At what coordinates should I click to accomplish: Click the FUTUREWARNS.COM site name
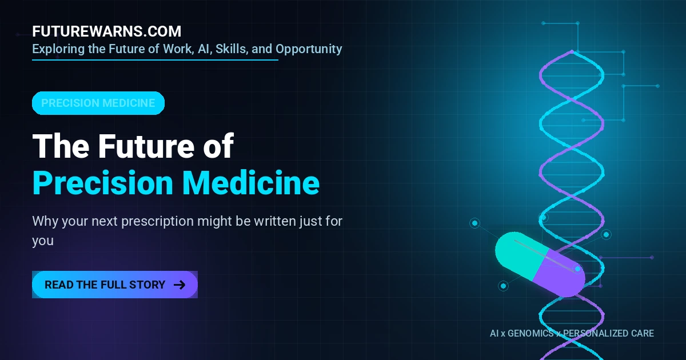coord(106,31)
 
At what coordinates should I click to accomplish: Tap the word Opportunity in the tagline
coord(309,49)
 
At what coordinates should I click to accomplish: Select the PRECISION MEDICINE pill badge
coord(98,103)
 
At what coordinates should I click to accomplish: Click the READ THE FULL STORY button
coord(115,285)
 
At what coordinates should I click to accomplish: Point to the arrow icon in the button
coord(180,285)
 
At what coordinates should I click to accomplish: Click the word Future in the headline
coord(146,146)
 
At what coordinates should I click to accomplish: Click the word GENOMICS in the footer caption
coord(531,333)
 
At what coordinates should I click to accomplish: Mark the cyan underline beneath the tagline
coord(155,59)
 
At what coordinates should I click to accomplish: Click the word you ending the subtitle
coord(43,241)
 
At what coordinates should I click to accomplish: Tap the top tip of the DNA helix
coord(572,51)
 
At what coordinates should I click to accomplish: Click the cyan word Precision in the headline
coord(103,183)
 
